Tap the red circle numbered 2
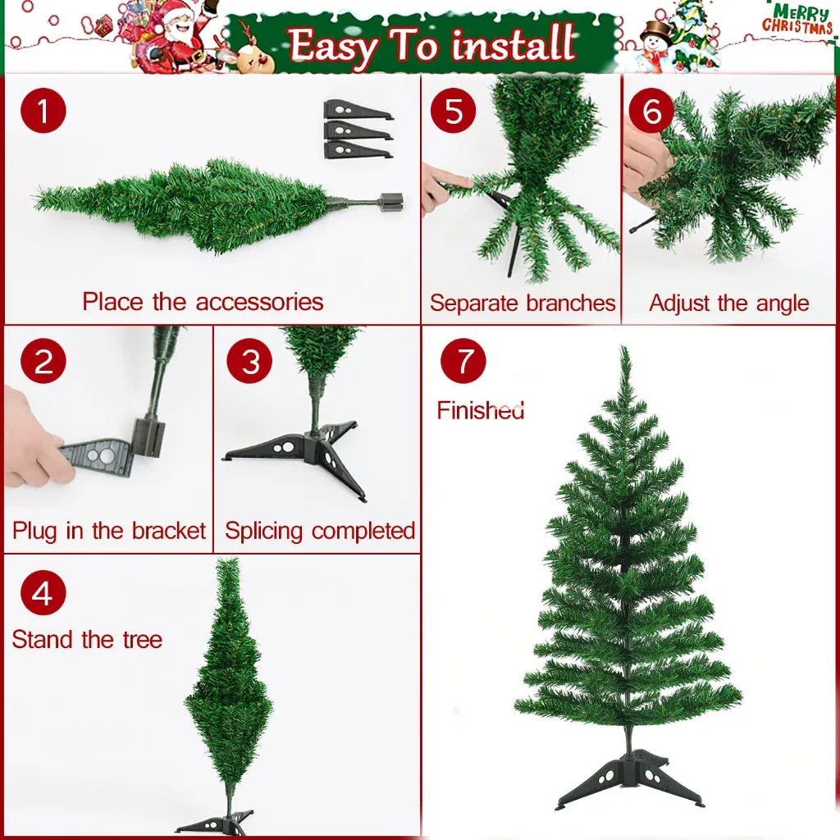pos(43,361)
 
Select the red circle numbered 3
pos(249,361)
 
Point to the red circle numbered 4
pos(43,592)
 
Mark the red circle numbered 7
pos(463,361)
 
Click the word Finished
pos(480,409)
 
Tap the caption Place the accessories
pos(203,301)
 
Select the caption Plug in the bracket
pos(108,531)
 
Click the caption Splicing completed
pos(320,531)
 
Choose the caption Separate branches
pos(522,303)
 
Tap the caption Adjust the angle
pos(728,303)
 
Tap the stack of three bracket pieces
pos(358,130)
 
